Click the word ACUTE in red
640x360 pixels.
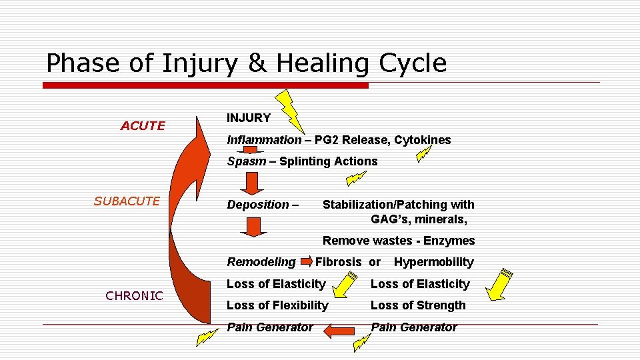tap(143, 125)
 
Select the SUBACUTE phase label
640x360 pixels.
tap(127, 201)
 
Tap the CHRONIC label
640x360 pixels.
tap(134, 295)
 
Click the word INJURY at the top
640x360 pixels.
tap(249, 118)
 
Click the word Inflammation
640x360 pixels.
tap(264, 140)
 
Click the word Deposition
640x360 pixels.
tap(259, 205)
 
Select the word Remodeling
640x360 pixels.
tap(261, 262)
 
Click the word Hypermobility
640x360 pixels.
tap(433, 262)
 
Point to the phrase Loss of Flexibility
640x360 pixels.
tap(277, 305)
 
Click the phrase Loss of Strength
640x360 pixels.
tap(418, 305)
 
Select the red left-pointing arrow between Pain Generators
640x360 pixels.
tap(339, 329)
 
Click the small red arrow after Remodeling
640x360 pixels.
tap(306, 260)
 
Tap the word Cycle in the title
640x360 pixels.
tap(413, 63)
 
